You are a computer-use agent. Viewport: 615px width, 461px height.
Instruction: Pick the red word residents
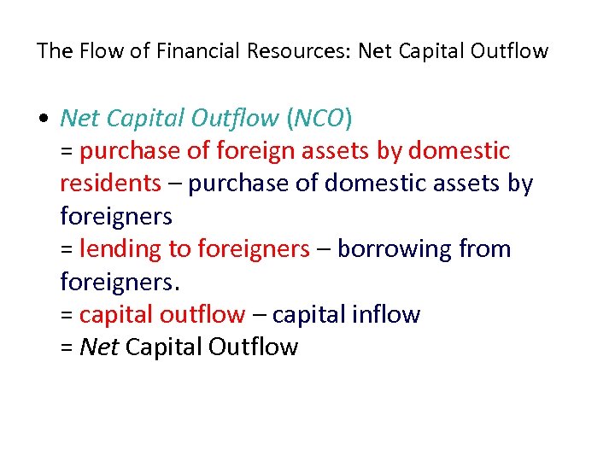[111, 184]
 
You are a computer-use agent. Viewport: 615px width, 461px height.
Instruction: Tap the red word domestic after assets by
[459, 151]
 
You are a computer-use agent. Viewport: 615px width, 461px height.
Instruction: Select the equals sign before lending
[67, 249]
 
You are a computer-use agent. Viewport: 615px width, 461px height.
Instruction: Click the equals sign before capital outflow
[67, 315]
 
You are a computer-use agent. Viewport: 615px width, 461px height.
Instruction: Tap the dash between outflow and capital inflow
[258, 315]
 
